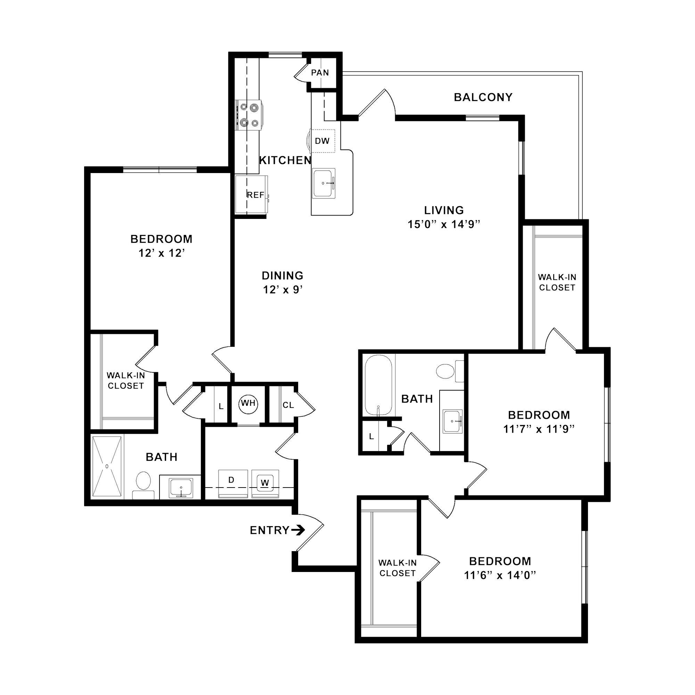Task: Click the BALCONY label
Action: [x=483, y=98]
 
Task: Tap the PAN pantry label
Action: [x=320, y=73]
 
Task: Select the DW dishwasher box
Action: [x=323, y=141]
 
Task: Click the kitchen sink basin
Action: [x=324, y=183]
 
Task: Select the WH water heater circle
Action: [x=248, y=403]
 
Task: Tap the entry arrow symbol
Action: [x=298, y=530]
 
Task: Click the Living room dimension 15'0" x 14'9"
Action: [x=444, y=224]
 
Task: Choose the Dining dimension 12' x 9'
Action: [x=283, y=289]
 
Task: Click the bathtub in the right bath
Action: [x=378, y=385]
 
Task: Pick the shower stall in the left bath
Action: [x=107, y=467]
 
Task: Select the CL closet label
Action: [x=288, y=406]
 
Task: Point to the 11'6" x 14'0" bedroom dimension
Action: [x=500, y=575]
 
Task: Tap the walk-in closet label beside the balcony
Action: [x=557, y=283]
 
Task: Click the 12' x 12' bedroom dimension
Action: [x=162, y=253]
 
